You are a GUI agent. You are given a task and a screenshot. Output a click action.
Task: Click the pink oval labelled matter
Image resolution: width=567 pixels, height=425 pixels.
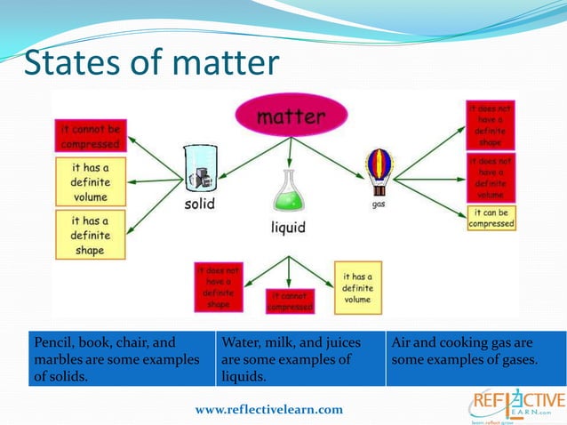click(x=291, y=116)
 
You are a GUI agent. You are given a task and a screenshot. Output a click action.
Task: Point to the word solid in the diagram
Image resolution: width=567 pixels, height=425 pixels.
click(x=199, y=204)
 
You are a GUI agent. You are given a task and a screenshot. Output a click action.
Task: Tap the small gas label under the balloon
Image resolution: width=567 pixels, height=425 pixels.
click(x=379, y=204)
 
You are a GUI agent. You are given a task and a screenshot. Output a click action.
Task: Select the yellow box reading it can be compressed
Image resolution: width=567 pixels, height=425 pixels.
click(x=491, y=218)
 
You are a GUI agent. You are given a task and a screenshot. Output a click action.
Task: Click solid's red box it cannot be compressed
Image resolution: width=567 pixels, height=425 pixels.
click(x=89, y=135)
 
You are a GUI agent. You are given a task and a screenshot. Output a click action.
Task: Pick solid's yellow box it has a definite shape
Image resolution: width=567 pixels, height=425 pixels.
click(x=90, y=235)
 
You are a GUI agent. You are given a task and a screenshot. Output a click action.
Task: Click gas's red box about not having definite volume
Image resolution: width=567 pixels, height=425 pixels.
click(x=491, y=177)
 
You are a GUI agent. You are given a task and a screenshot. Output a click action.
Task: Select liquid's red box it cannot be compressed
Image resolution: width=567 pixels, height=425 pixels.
click(x=291, y=301)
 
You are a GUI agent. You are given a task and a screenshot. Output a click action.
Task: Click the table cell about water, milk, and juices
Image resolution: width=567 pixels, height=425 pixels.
click(x=299, y=358)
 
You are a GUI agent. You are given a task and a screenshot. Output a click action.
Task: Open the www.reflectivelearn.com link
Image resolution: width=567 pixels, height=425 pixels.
click(x=269, y=409)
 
